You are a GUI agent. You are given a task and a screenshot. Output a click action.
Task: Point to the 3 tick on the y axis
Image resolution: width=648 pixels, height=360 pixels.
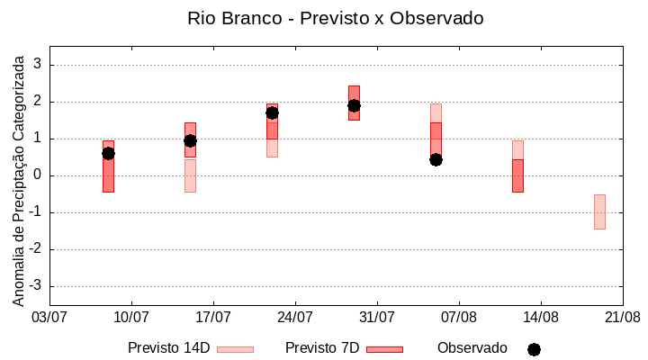(39, 65)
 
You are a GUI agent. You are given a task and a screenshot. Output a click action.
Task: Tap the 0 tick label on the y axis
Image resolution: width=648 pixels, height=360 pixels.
(39, 175)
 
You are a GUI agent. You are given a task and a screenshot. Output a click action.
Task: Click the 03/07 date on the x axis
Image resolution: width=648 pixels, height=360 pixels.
(49, 318)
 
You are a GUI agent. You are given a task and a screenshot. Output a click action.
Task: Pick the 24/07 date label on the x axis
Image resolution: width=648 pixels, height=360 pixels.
(295, 318)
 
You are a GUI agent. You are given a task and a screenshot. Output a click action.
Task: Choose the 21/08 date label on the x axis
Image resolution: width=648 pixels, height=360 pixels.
(623, 318)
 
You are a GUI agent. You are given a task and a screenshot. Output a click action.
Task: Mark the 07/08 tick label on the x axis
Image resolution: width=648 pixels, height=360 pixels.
(459, 318)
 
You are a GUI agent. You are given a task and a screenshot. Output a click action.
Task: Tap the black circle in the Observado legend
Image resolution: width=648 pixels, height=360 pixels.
(534, 349)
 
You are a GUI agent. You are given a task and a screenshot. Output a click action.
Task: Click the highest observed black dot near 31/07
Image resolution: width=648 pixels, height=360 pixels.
(354, 105)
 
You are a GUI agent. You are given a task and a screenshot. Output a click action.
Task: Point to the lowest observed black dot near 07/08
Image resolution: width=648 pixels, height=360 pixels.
(436, 159)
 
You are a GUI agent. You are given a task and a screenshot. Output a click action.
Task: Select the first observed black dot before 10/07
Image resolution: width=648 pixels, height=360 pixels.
(108, 153)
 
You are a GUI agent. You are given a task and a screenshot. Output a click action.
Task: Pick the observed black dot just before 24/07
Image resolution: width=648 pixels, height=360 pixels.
(272, 112)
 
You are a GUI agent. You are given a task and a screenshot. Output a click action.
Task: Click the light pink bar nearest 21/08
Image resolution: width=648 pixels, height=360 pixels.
(599, 211)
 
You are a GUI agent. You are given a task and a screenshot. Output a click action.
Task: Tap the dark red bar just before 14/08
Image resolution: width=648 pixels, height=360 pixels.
(517, 175)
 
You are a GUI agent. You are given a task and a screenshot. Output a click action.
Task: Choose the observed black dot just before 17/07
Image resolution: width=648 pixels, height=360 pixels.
(190, 140)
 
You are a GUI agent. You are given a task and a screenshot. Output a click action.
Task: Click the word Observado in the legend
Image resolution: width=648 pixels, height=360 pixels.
(472, 347)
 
